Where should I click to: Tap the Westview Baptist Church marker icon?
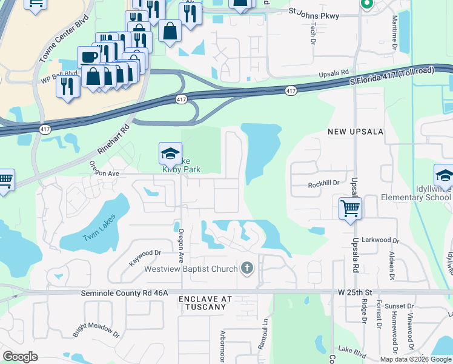pos(246,268)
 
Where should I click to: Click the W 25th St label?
pos(358,292)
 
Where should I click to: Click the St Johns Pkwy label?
pos(308,10)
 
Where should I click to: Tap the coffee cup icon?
pos(89,56)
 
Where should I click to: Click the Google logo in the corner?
pos(20,356)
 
